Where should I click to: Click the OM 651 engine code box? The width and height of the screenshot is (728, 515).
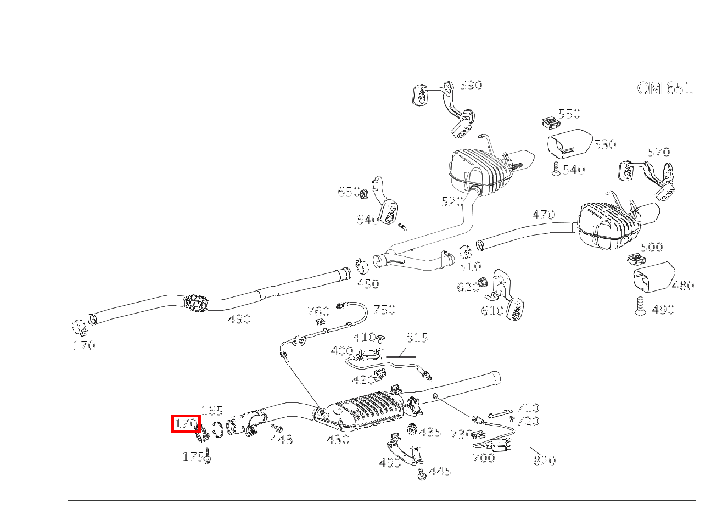click(x=664, y=88)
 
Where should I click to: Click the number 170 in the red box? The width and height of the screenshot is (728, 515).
click(x=186, y=423)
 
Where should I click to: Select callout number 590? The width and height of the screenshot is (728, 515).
click(x=471, y=85)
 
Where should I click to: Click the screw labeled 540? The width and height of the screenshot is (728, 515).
click(x=556, y=169)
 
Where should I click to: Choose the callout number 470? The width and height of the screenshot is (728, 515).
click(x=543, y=215)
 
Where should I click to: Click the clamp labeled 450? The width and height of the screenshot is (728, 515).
click(x=362, y=266)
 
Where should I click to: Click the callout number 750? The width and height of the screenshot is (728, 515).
click(x=384, y=310)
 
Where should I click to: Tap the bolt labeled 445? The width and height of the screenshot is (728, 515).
click(x=422, y=474)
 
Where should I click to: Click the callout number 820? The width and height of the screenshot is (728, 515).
click(x=545, y=461)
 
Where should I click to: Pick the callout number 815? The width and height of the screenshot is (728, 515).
click(x=417, y=338)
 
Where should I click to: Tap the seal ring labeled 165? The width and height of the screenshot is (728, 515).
click(x=217, y=429)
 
